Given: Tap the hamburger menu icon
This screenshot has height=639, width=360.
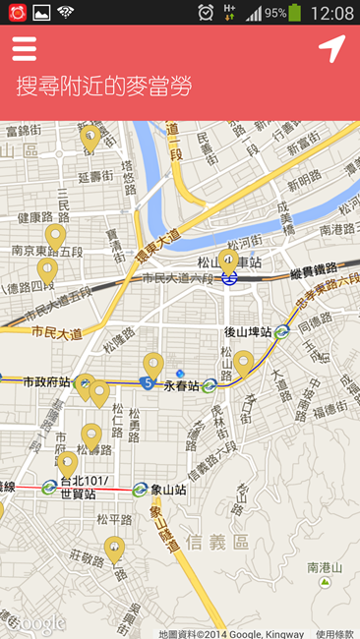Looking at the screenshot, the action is click(x=25, y=49).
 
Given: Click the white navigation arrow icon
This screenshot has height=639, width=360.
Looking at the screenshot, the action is click(x=331, y=49).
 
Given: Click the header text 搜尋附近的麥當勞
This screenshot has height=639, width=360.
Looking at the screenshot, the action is click(x=103, y=86).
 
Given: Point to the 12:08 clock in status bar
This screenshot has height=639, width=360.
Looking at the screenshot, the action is click(x=331, y=13).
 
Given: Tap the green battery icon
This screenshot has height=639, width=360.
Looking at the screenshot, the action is click(x=295, y=13).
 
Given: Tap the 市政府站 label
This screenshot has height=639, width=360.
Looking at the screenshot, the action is click(x=45, y=381).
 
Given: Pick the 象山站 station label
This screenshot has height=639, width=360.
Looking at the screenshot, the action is click(x=167, y=489).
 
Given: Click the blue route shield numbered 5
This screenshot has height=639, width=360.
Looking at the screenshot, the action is click(x=147, y=381).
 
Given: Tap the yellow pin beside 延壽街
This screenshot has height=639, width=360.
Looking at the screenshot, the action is click(x=90, y=138).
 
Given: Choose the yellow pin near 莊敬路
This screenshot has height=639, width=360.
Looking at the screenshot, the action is click(x=114, y=548).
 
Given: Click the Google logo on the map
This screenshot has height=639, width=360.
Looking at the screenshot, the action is click(x=37, y=623).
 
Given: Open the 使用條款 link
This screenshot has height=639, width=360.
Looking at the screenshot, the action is click(x=334, y=633).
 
